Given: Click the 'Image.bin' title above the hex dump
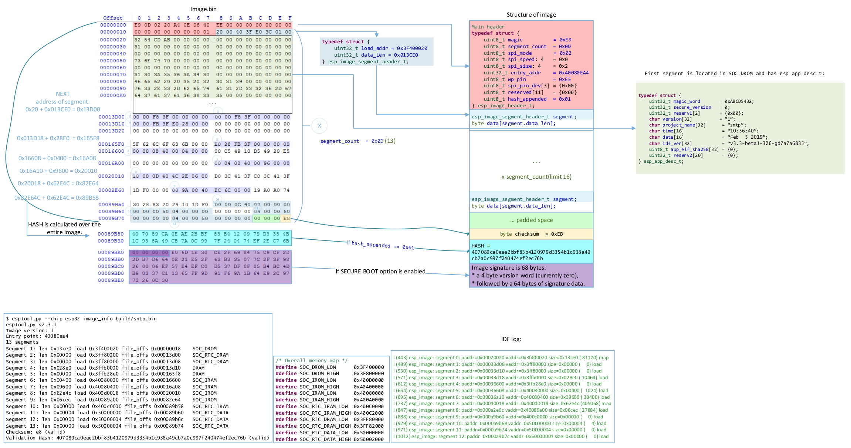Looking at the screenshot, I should click(x=203, y=9).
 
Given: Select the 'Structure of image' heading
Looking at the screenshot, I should click(x=531, y=15).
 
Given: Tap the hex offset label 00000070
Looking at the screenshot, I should click(x=113, y=75).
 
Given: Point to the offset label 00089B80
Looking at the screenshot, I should click(x=111, y=234).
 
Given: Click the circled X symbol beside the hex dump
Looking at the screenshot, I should click(x=319, y=126).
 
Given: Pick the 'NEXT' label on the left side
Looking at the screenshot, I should click(x=62, y=94).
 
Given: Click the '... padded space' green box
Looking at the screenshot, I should click(x=531, y=220).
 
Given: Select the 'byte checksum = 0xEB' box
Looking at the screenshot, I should click(x=531, y=234).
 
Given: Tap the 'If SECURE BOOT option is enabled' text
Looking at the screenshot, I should click(x=380, y=272).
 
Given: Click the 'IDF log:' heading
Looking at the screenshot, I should click(x=511, y=339).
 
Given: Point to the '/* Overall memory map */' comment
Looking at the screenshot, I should click(x=311, y=361).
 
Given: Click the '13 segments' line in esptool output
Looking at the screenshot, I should click(x=22, y=342).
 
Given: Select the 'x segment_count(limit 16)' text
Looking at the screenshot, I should click(x=536, y=177).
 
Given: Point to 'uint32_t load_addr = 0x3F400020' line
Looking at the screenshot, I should click(x=380, y=48).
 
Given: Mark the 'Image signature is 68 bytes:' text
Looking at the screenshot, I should click(x=508, y=268).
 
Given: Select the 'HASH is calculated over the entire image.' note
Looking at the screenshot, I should click(x=64, y=228).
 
